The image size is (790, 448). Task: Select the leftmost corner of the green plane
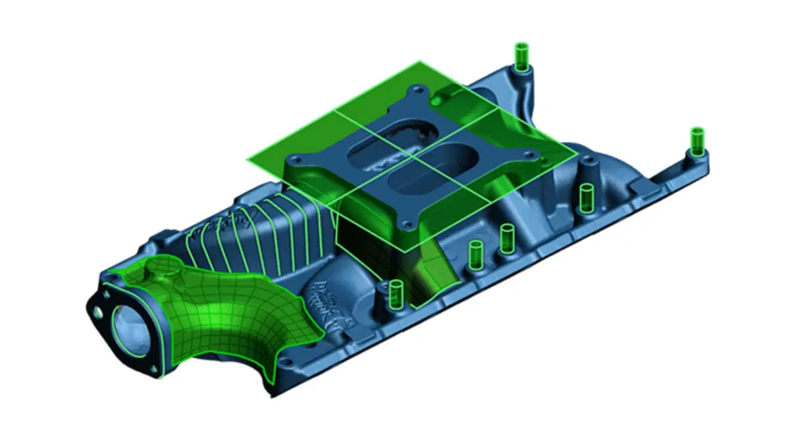click(248, 160)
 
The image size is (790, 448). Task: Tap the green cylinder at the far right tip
click(697, 141)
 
